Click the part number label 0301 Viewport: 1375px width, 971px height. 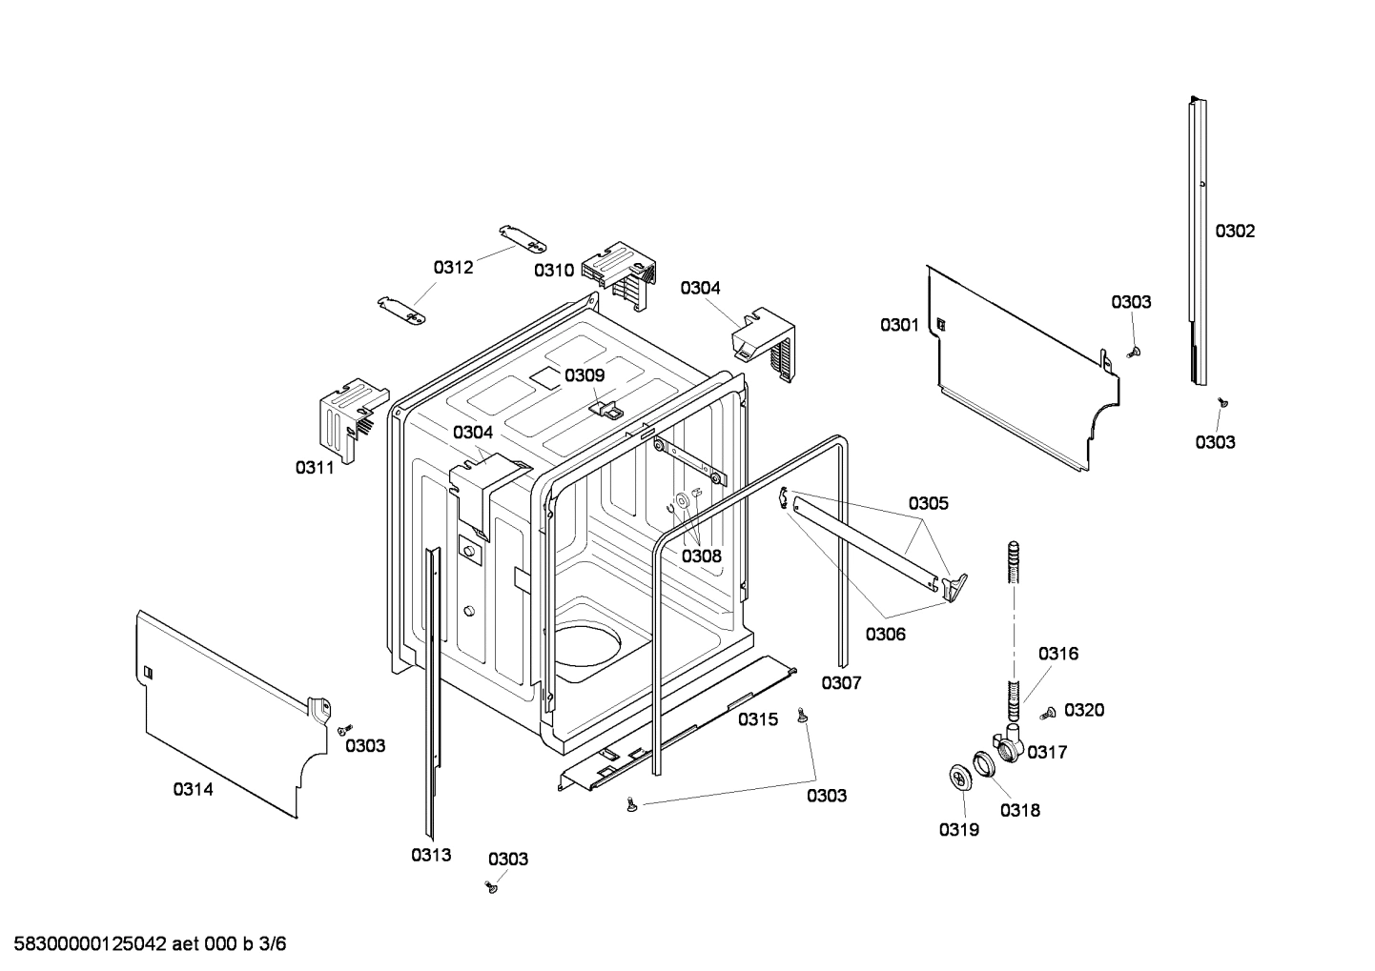pyautogui.click(x=898, y=326)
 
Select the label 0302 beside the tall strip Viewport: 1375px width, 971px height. pyautogui.click(x=1235, y=232)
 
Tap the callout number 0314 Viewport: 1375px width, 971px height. pyautogui.click(x=193, y=789)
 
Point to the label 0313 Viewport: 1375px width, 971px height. pyautogui.click(x=431, y=855)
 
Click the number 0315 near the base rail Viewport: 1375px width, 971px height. pyautogui.click(x=758, y=719)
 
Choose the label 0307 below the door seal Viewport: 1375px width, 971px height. pyautogui.click(x=841, y=683)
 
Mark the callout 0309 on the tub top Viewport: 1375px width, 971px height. pyautogui.click(x=585, y=375)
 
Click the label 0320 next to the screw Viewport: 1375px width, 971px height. pyautogui.click(x=1084, y=710)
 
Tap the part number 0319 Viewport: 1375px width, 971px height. pyautogui.click(x=958, y=830)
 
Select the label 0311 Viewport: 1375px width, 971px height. pyautogui.click(x=315, y=467)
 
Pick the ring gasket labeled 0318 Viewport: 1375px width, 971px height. pyautogui.click(x=984, y=764)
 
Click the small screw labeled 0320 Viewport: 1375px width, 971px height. pyautogui.click(x=1049, y=712)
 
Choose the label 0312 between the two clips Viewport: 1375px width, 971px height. pyautogui.click(x=453, y=268)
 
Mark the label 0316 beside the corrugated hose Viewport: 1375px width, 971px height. pyautogui.click(x=1058, y=654)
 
